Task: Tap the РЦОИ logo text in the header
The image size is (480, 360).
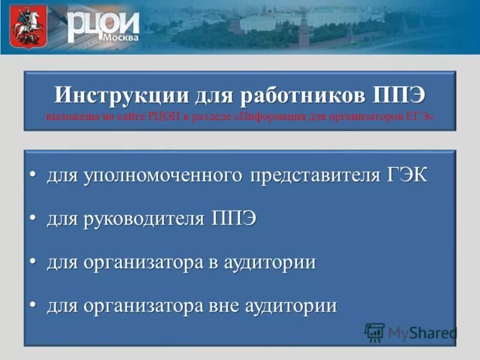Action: click(102, 24)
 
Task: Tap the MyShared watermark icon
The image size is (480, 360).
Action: click(375, 332)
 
